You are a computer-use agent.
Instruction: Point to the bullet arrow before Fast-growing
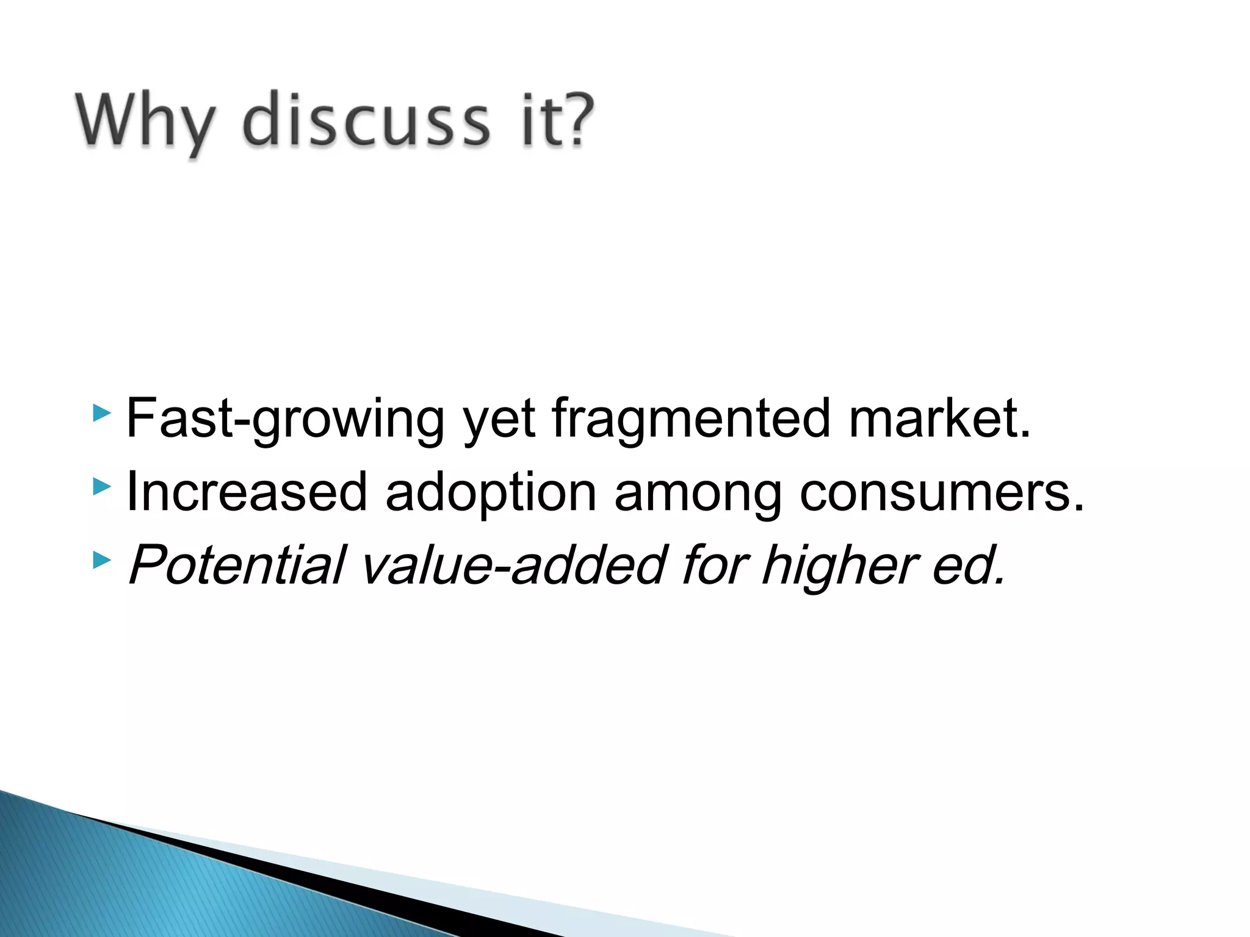[102, 414]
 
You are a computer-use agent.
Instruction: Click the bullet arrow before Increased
[102, 487]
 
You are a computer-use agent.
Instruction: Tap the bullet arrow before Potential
[102, 560]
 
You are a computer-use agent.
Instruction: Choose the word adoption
[491, 493]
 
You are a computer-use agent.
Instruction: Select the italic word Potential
[237, 565]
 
